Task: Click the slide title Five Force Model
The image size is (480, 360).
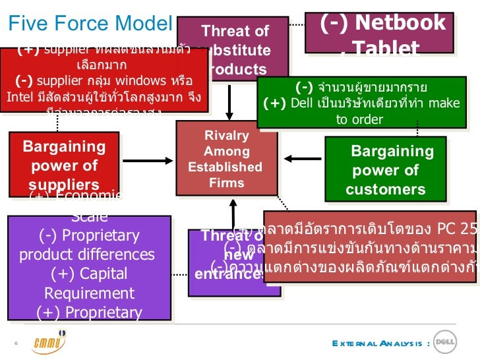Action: [90, 24]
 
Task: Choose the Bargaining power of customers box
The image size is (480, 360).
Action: [386, 170]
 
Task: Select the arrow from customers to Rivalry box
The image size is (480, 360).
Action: [303, 158]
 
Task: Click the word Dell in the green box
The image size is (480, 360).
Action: [302, 103]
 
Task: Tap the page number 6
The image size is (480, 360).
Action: [15, 343]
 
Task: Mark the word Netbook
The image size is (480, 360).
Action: [402, 23]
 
